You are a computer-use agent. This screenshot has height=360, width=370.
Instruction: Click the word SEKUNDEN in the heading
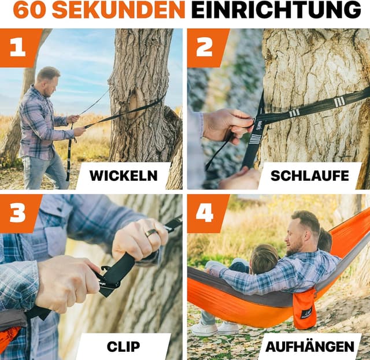click(x=119, y=10)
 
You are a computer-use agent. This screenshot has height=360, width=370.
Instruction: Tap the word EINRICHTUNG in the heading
click(x=276, y=10)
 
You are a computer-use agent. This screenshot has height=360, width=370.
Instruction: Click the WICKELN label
click(x=123, y=176)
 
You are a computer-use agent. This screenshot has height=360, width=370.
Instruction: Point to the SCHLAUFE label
click(x=310, y=176)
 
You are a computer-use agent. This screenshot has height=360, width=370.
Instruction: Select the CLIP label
click(x=123, y=347)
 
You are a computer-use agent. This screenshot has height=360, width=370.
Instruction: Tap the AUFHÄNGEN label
click(x=310, y=346)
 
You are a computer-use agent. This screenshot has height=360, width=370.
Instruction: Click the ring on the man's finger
click(x=151, y=233)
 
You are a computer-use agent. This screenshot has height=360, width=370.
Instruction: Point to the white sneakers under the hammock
click(x=214, y=328)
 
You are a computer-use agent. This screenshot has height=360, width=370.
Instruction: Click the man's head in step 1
click(x=49, y=81)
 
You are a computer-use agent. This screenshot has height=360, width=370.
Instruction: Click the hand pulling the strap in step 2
click(x=227, y=125)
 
